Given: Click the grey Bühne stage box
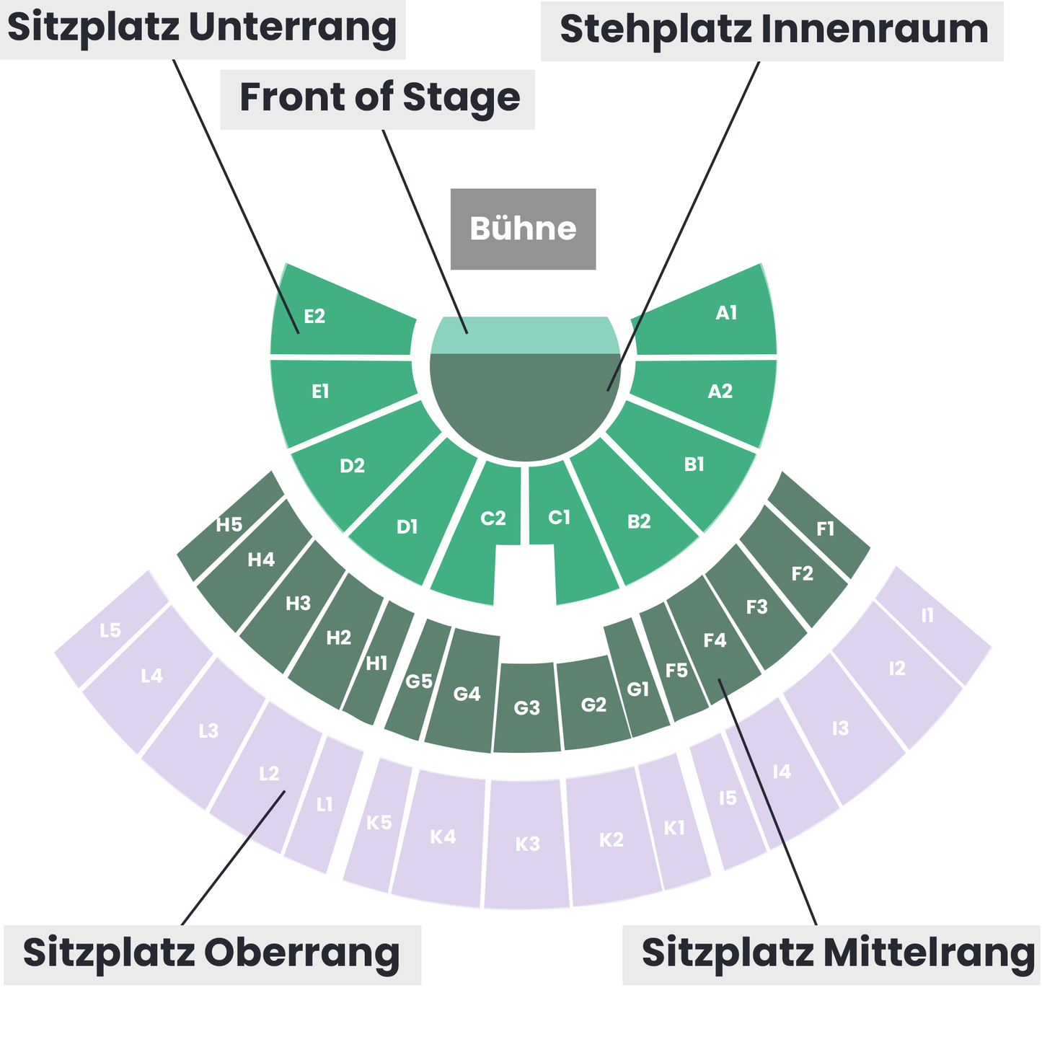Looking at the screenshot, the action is tap(523, 229).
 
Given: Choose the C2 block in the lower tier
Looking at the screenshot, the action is tap(476, 533).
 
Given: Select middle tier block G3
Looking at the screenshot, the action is tap(526, 707).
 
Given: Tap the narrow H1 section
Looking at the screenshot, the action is tap(377, 663).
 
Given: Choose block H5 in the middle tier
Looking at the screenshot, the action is tap(230, 526).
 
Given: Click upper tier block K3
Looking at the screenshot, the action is tap(526, 844).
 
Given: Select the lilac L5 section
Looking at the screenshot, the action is tap(111, 630).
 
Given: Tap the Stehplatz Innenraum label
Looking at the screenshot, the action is tap(772, 31).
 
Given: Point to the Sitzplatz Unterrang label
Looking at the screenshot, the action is tap(202, 29).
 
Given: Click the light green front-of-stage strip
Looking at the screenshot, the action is tap(524, 335).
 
